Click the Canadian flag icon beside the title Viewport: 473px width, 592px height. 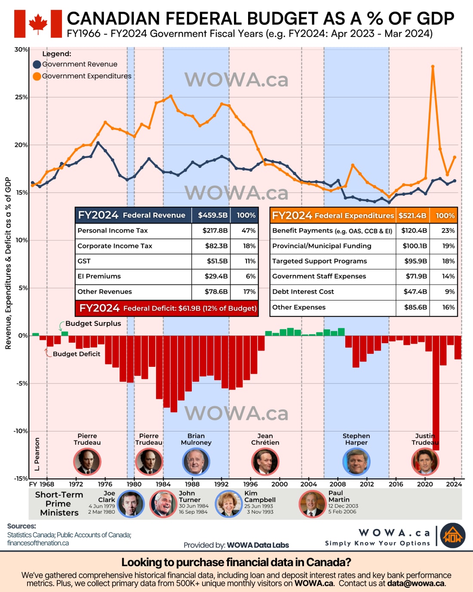tap(38, 24)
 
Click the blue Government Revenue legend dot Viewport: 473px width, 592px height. tap(37, 65)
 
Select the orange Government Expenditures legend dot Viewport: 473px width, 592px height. tap(37, 76)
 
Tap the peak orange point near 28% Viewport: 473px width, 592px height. tap(433, 67)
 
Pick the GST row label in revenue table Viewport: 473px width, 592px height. tap(84, 261)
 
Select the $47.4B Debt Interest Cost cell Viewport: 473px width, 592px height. tap(415, 291)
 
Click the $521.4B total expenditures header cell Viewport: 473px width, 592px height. tap(412, 215)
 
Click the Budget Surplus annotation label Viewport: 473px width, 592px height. tap(93, 323)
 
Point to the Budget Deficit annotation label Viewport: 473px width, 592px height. tap(76, 354)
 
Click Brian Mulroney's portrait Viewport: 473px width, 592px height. tap(196, 461)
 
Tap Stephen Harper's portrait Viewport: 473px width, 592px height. tap(356, 461)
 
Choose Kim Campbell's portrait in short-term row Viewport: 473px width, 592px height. tap(229, 503)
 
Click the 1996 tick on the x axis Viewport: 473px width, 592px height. tap(250, 484)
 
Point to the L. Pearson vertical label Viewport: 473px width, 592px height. tap(37, 454)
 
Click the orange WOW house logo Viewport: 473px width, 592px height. tap(453, 536)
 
